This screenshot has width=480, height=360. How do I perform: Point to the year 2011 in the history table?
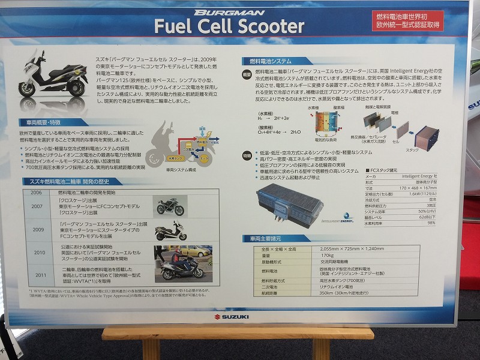tap(39, 275)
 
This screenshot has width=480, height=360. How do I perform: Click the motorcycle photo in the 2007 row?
tap(170, 206)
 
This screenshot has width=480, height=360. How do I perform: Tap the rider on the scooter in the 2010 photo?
tap(174, 259)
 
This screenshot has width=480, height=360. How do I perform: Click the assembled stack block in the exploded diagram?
tap(427, 137)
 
